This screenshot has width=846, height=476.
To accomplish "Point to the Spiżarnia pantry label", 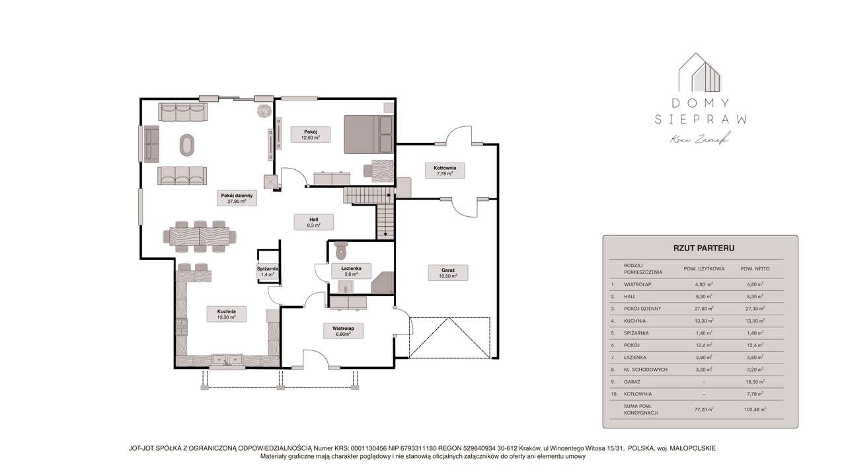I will (x=267, y=271).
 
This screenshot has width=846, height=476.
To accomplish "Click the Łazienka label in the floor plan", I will (x=350, y=271).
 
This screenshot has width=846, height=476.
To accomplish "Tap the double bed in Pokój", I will (x=368, y=134).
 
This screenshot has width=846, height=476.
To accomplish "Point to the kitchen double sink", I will (x=227, y=360).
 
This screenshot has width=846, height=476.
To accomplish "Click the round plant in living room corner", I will (x=264, y=110).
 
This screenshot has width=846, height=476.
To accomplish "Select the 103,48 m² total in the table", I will (x=753, y=410).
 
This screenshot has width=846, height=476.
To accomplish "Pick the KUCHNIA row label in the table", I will (x=635, y=321).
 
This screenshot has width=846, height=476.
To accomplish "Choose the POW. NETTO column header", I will (x=753, y=269).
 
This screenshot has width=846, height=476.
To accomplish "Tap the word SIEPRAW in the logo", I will (x=700, y=120).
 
